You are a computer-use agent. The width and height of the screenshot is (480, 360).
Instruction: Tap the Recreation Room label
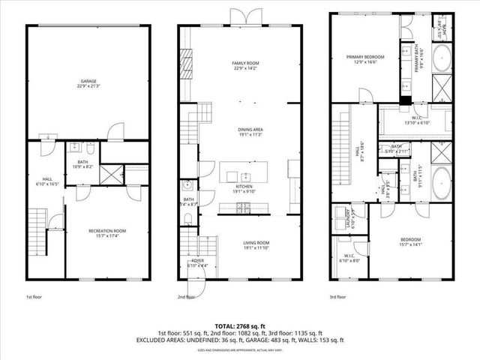(106, 233)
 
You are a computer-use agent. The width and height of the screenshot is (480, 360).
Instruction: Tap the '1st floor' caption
(34, 297)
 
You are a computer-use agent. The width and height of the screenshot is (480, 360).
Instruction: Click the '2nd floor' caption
(185, 297)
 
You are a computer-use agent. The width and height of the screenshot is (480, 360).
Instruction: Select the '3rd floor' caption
(338, 297)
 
